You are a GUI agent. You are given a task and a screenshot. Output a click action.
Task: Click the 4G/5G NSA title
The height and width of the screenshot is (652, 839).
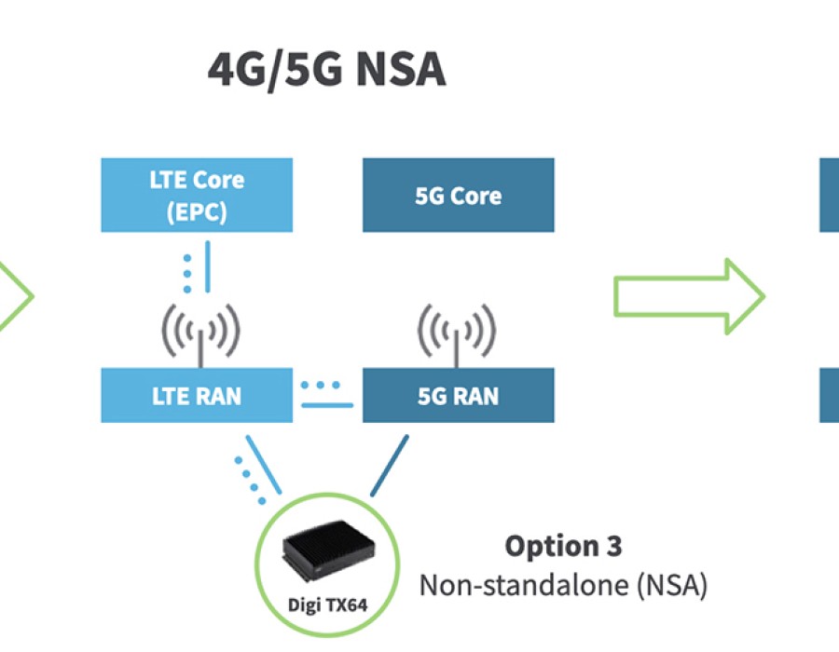tap(326, 71)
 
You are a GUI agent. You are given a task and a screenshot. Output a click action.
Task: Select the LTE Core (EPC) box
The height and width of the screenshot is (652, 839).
tap(197, 195)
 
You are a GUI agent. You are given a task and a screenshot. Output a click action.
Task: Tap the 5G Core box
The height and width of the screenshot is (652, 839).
tap(458, 195)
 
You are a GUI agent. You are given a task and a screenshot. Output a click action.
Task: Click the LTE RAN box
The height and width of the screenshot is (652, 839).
tap(197, 395)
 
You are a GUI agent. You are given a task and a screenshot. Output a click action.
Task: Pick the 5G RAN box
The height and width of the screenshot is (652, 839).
tap(458, 395)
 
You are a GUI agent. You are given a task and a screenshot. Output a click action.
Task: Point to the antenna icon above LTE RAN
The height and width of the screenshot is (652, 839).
tap(199, 332)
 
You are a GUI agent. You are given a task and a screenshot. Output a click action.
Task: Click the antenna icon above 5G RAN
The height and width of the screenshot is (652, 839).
tap(456, 332)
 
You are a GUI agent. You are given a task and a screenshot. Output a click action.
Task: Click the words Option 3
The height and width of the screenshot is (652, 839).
tap(563, 545)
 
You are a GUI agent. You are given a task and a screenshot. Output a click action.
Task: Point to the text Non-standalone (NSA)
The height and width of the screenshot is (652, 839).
tap(563, 585)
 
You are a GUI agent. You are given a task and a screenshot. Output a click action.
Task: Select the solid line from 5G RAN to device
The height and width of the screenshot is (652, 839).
tap(389, 465)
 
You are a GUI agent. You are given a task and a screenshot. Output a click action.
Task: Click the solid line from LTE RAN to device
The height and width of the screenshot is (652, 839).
tap(263, 464)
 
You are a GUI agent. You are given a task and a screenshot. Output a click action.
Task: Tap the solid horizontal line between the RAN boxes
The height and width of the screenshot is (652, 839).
tap(327, 404)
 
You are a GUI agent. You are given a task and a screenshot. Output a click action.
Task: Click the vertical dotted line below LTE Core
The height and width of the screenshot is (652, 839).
tap(187, 266)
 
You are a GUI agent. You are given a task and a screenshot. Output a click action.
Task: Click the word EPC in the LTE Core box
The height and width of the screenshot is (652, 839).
tap(197, 211)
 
